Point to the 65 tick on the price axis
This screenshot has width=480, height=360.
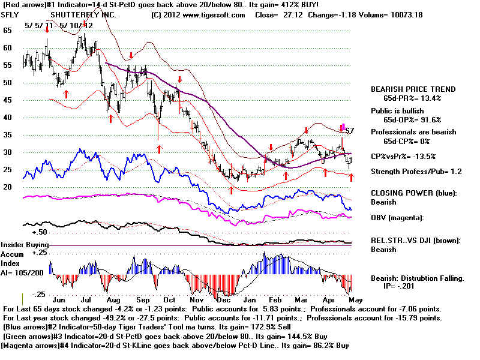tap(7, 29)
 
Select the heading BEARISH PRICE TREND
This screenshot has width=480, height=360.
tap(413, 89)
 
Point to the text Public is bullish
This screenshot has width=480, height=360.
tap(401, 110)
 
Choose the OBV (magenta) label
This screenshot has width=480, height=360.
tap(398, 217)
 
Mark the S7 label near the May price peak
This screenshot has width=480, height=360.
tap(350, 130)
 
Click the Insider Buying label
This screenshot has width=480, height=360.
tap(25, 245)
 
